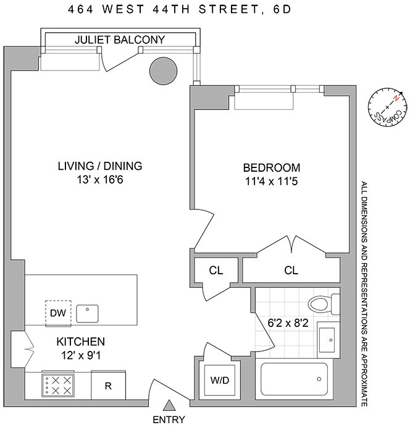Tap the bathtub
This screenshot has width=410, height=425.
click(x=295, y=382)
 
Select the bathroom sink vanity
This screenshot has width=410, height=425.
click(x=328, y=339)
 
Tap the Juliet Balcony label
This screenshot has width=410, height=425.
click(x=120, y=40)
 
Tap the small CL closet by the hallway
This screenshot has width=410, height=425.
click(x=215, y=271)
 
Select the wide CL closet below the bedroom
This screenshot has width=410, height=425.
click(x=291, y=271)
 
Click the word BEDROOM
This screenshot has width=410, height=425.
click(x=272, y=167)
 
